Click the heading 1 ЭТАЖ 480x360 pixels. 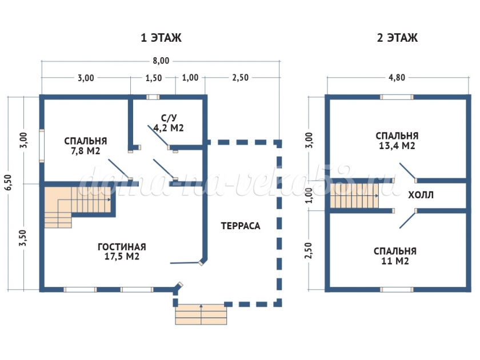click(x=161, y=38)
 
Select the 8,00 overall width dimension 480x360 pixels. click(x=161, y=61)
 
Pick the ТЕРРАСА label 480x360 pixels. click(x=241, y=226)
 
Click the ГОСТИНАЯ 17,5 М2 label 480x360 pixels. click(x=121, y=252)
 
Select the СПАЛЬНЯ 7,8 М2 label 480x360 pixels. click(x=85, y=146)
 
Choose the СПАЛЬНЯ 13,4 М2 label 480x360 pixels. click(x=397, y=141)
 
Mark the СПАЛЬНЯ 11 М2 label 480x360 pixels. click(x=395, y=256)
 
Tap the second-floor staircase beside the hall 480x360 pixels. click(x=354, y=196)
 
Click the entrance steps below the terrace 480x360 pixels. click(x=201, y=314)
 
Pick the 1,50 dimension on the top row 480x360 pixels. click(x=154, y=78)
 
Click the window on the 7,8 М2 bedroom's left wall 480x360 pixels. click(x=42, y=146)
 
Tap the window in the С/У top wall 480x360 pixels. click(x=153, y=97)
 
